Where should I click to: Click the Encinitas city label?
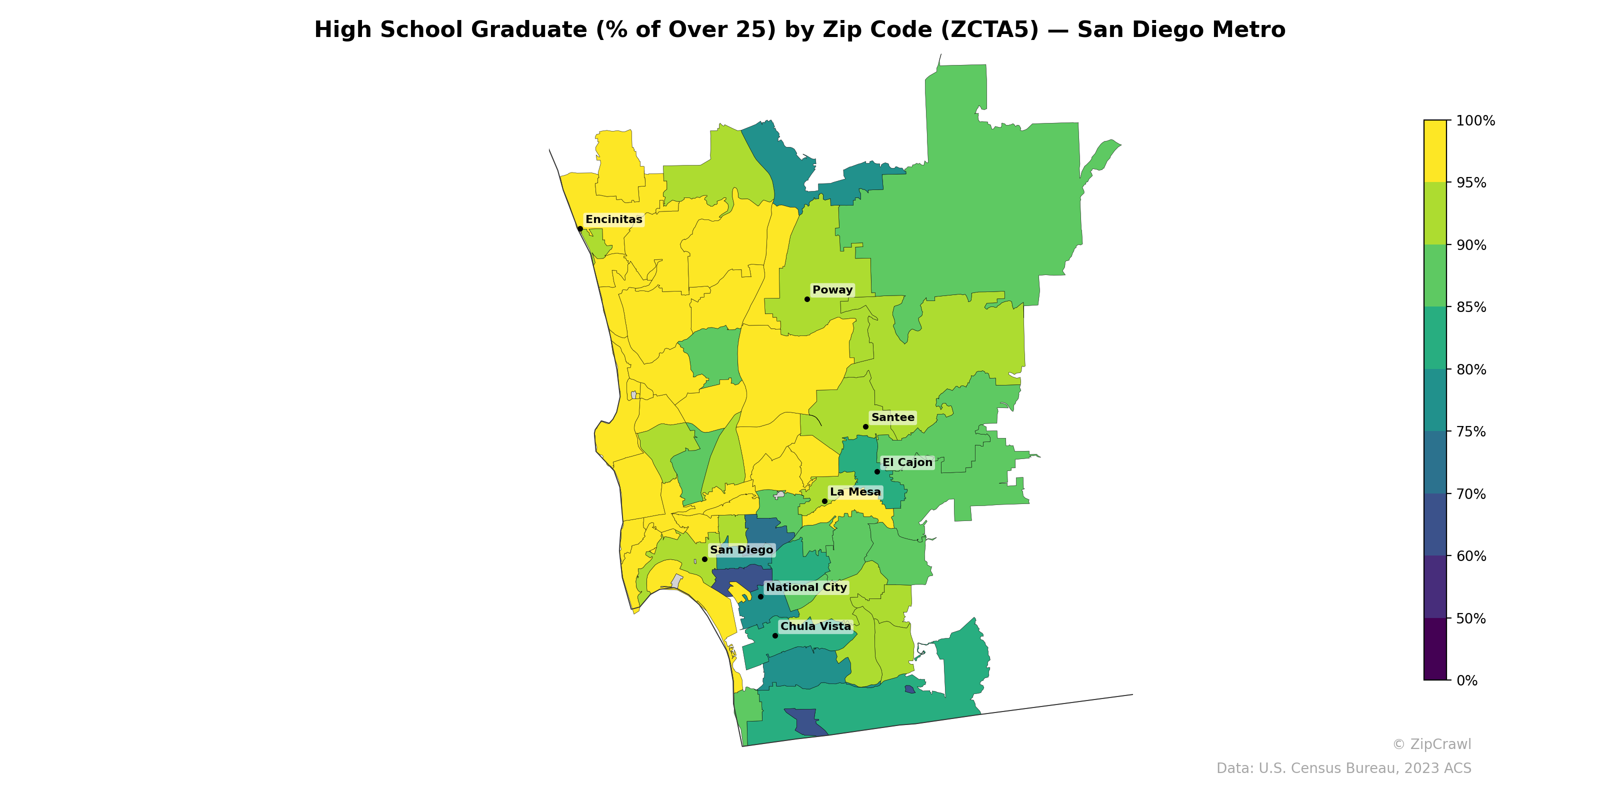pyautogui.click(x=613, y=219)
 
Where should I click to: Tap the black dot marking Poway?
pyautogui.click(x=807, y=299)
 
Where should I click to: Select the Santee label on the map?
pyautogui.click(x=892, y=417)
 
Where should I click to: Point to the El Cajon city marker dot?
pyautogui.click(x=877, y=471)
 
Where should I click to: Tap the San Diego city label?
pyautogui.click(x=741, y=549)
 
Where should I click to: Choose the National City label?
pyautogui.click(x=806, y=587)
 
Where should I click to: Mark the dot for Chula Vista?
pyautogui.click(x=774, y=635)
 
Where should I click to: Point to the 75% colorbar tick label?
pyautogui.click(x=1471, y=431)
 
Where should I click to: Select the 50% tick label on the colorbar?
pyautogui.click(x=1471, y=618)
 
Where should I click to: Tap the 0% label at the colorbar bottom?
pyautogui.click(x=1466, y=680)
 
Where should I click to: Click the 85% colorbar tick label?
pyautogui.click(x=1471, y=307)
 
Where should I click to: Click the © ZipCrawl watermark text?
pyautogui.click(x=1431, y=744)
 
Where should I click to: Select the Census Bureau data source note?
pyautogui.click(x=1343, y=768)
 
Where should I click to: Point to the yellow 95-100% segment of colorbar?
pyautogui.click(x=1435, y=151)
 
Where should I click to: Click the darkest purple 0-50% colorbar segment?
pyautogui.click(x=1435, y=649)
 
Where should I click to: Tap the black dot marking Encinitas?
pyautogui.click(x=579, y=228)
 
